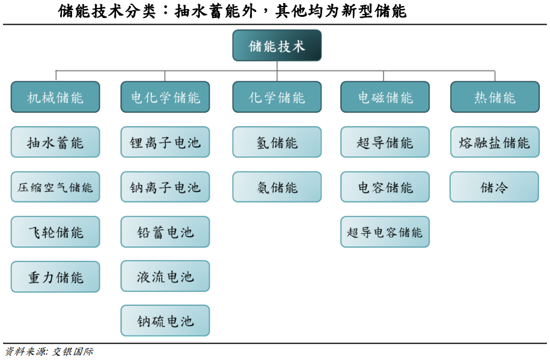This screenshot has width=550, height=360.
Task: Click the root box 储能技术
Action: [277, 46]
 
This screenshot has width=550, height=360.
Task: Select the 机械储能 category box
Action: [55, 97]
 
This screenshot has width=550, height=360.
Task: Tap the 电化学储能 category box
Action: [165, 97]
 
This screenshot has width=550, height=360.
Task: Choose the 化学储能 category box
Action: [277, 97]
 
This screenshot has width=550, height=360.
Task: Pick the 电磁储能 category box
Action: [385, 97]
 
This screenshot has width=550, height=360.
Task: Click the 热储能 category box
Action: [495, 97]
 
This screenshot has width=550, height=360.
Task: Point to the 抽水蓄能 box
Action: [55, 142]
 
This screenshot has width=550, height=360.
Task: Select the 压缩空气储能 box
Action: [55, 187]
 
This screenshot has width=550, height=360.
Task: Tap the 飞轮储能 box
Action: [55, 232]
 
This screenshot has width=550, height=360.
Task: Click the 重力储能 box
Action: [55, 277]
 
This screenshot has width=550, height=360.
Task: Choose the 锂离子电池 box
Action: [165, 142]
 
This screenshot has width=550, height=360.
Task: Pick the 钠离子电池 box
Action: [165, 187]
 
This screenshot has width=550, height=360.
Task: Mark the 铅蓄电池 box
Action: [165, 232]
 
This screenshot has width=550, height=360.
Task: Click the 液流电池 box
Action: [165, 276]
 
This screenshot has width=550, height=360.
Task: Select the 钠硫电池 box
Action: [165, 321]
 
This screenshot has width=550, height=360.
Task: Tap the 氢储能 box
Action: [277, 142]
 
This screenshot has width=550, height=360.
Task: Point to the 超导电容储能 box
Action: [385, 232]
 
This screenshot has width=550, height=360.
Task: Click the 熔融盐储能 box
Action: [495, 142]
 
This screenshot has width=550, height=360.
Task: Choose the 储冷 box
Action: [494, 187]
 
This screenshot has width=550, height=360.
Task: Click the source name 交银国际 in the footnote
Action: [73, 352]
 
